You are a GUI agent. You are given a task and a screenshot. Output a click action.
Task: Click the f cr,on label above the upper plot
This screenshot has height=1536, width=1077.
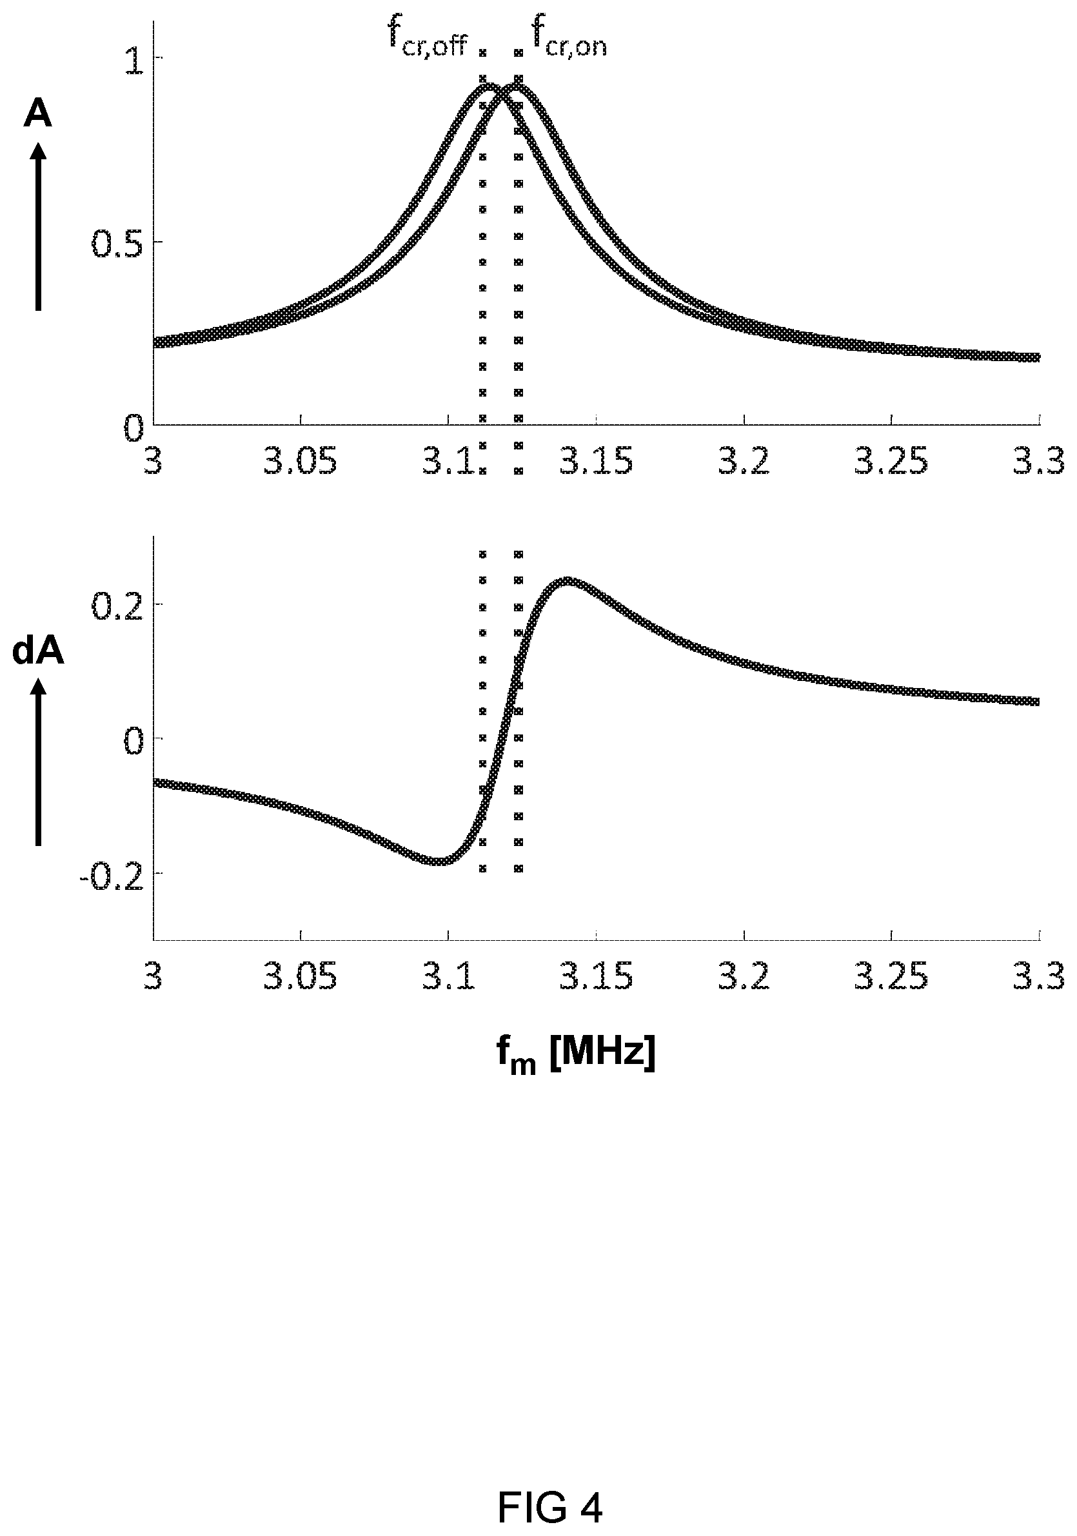569,39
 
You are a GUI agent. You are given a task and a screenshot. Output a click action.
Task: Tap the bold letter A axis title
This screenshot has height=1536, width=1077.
37,113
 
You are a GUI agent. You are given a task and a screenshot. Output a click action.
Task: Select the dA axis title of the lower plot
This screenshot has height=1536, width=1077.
38,651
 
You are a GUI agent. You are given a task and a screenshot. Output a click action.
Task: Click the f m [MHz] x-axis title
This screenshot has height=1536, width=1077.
575,1055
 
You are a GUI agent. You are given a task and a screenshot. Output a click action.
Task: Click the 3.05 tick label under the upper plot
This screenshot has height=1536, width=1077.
300,462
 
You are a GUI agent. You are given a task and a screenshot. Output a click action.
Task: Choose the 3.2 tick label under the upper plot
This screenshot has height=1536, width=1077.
744,462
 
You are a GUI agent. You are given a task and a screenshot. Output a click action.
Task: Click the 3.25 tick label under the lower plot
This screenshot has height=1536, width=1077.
892,978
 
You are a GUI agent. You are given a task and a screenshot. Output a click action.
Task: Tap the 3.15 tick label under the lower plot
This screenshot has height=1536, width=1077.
596,978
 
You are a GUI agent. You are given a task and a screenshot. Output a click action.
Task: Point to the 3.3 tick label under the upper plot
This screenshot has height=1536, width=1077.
1039,462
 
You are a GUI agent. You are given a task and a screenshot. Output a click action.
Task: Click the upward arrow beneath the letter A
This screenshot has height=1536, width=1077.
38,227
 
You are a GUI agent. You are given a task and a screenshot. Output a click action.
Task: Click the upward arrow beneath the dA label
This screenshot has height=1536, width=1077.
38,762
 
